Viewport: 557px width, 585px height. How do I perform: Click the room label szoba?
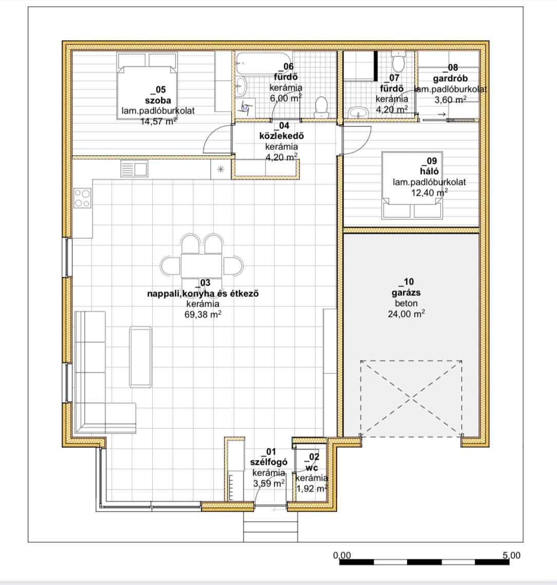click(x=158, y=100)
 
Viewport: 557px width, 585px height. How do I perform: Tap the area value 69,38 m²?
click(x=203, y=314)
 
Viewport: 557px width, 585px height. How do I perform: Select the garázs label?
click(x=406, y=293)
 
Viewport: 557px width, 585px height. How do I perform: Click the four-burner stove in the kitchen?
click(x=83, y=198)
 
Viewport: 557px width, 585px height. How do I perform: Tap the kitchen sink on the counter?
click(x=134, y=168)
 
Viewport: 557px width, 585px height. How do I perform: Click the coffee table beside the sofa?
click(x=140, y=356)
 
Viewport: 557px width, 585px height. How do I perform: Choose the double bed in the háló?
click(x=412, y=185)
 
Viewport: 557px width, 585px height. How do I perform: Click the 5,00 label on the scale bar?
click(x=511, y=555)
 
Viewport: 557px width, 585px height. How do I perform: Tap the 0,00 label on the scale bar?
click(x=342, y=555)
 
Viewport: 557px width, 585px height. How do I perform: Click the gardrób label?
click(x=450, y=79)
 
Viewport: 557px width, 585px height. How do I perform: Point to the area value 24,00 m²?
click(x=406, y=314)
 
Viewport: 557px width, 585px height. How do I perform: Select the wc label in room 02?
click(x=312, y=467)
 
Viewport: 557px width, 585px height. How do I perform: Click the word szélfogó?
click(x=269, y=462)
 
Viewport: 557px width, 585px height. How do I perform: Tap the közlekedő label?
click(x=282, y=136)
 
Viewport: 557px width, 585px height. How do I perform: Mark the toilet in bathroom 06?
click(x=321, y=107)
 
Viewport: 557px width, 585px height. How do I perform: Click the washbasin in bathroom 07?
click(x=358, y=112)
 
